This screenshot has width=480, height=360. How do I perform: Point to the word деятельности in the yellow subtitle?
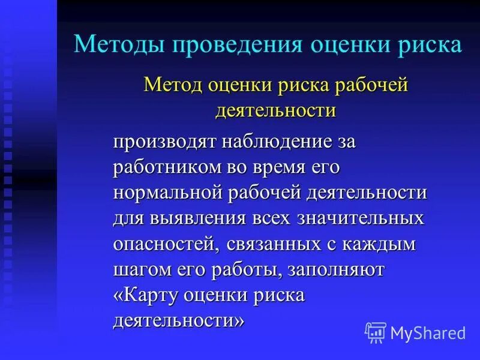275,111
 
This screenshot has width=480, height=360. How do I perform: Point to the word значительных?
361,218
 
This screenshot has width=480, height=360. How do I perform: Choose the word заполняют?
335,269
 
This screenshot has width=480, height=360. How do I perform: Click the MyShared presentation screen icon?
376,332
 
